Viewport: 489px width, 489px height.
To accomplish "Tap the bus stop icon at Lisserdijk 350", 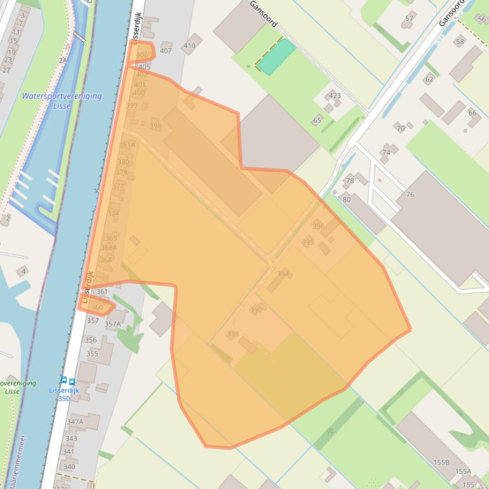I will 67,382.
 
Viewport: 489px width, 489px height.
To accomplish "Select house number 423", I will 334,96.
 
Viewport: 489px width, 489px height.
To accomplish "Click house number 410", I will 189,46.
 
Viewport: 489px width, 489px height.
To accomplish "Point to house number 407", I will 165,51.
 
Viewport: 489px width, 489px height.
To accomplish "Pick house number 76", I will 410,195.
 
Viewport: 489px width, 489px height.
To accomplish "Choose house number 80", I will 347,199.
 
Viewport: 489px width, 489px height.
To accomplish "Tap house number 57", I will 409,18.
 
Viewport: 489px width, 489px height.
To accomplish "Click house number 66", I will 472,113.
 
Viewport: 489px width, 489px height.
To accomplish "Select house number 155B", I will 441,463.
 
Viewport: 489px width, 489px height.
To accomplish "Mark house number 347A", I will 75,422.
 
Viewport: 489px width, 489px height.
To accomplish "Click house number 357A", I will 113,324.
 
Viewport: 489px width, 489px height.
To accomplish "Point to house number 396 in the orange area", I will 319,226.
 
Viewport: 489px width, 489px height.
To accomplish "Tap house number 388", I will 233,334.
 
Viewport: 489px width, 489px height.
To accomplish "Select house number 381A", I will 127,145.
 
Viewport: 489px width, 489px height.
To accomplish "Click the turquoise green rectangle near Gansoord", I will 276,57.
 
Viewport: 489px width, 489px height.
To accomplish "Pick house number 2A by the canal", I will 62,60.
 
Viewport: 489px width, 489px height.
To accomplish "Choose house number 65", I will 317,120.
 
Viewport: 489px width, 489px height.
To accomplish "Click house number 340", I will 69,467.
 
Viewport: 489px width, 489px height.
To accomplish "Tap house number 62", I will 429,80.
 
